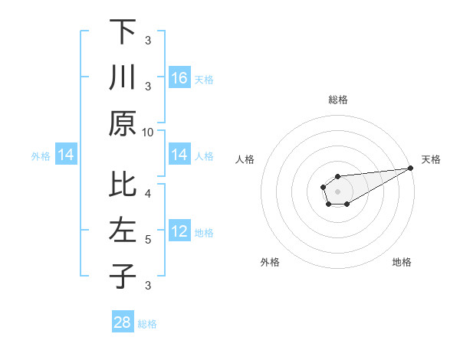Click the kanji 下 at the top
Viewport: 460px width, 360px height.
123,32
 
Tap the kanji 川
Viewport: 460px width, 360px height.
123,78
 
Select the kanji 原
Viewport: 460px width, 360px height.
123,123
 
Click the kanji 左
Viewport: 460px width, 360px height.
123,231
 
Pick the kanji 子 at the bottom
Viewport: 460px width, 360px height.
123,276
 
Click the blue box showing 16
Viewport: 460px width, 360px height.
179,78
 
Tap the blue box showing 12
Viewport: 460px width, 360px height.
179,231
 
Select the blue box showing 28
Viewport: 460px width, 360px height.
123,322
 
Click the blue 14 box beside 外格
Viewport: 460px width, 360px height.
66,155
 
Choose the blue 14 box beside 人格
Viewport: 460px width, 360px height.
179,155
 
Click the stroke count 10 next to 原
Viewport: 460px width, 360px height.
148,132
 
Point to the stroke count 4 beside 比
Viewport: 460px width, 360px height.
148,193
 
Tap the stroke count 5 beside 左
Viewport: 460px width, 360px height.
148,239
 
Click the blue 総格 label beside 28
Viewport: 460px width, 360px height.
147,324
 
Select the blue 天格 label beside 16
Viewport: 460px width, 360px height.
204,79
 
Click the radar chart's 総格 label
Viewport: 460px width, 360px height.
338,100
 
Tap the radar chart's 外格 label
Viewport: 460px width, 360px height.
270,262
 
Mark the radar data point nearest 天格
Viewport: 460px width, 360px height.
412,169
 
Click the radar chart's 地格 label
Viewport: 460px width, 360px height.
402,262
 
